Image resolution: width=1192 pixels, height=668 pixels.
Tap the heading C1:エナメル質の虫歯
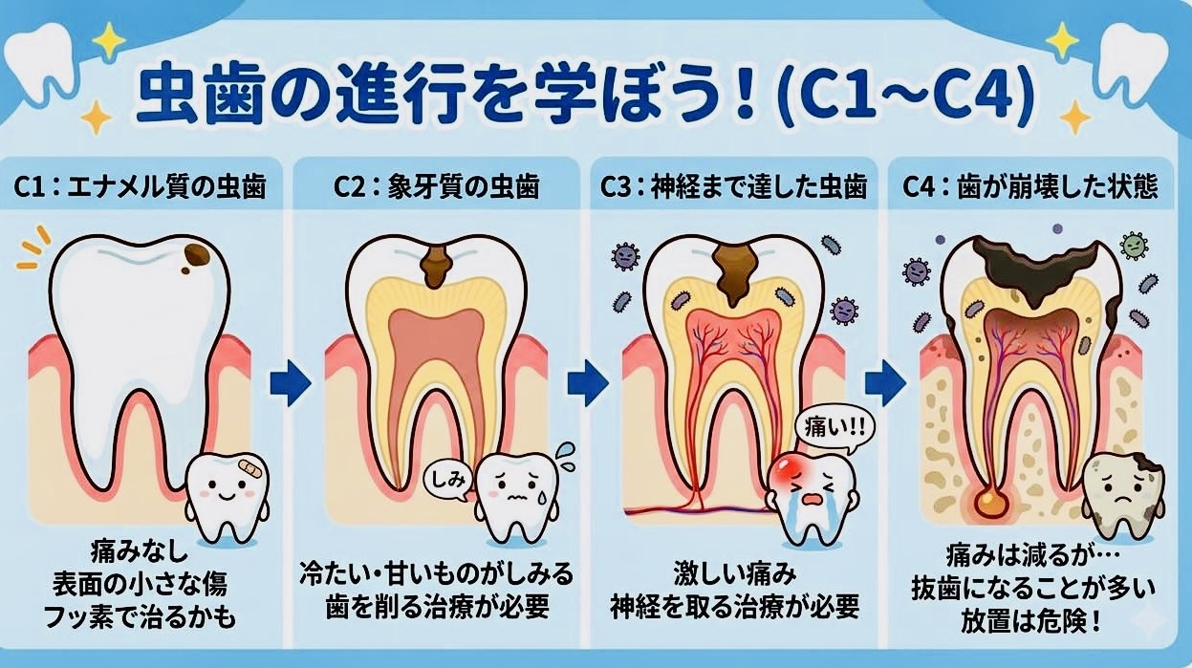(x=140, y=187)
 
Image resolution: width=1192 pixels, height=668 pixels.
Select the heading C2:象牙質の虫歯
(x=436, y=187)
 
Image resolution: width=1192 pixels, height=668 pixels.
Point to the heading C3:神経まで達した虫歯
(x=734, y=187)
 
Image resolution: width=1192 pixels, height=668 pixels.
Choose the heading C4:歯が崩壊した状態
(x=1030, y=187)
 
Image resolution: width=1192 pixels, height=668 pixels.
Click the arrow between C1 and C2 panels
(x=290, y=383)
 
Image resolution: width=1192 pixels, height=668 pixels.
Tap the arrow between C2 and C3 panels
(x=588, y=383)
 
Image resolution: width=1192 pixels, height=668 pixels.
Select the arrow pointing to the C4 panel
(x=885, y=383)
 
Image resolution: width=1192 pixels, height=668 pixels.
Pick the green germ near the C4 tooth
(x=1134, y=246)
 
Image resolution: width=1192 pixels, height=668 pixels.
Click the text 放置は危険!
(x=1030, y=621)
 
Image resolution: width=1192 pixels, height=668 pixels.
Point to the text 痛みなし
(x=140, y=551)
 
